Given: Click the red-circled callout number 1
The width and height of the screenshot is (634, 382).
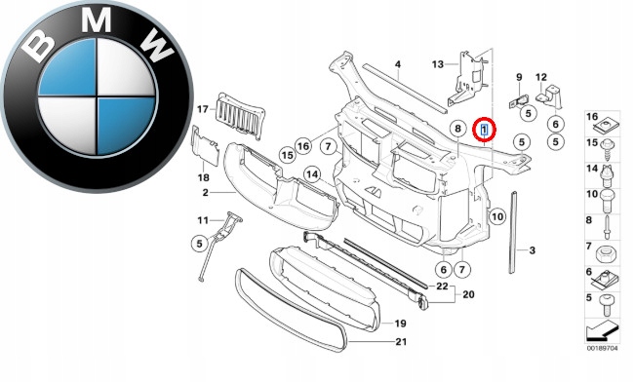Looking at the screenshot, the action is [484, 130].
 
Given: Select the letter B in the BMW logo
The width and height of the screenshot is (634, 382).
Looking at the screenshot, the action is [38, 47].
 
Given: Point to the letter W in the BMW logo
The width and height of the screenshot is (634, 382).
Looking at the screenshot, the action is [157, 47].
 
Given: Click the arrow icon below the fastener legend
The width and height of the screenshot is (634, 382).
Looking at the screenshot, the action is [603, 330].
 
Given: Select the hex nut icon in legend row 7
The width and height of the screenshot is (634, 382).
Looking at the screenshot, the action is [608, 254].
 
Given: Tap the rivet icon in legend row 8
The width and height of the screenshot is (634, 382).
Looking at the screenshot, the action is [607, 227].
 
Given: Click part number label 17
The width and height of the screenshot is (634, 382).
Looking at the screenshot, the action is [203, 109].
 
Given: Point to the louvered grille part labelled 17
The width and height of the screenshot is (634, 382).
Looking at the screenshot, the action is [241, 116].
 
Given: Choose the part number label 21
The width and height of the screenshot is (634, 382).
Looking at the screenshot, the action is [401, 342].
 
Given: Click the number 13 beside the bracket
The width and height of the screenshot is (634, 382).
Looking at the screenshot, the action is [438, 64].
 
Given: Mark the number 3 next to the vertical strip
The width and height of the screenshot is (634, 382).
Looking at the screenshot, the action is [533, 250].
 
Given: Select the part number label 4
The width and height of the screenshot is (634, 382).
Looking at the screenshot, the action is [398, 64].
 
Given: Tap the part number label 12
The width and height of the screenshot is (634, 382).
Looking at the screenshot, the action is [541, 77].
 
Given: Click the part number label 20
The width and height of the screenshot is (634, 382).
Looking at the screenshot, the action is [468, 294].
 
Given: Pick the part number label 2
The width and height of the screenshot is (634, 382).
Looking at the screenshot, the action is [206, 193].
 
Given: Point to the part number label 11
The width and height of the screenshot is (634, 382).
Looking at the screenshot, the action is [203, 220].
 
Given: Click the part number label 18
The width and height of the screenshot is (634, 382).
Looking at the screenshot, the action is [204, 177].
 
